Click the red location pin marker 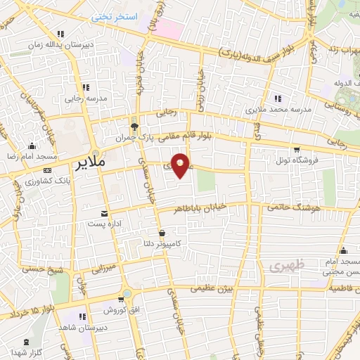pos(181,165)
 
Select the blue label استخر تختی pos(117,15)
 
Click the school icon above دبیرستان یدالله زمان pos(61,34)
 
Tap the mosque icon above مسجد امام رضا pos(30,146)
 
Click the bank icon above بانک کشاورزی pos(47,171)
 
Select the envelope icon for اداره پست pos(104,213)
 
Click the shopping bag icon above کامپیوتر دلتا pos(162,233)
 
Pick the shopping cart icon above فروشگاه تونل pos(298,149)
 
